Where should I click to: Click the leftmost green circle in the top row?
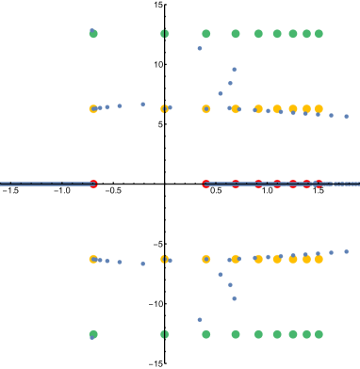pos(93,34)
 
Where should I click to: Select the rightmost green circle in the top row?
pos(319,34)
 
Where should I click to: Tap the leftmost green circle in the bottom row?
pos(93,334)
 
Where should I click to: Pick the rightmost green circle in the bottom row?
pos(319,334)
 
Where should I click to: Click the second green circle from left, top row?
pos(164,34)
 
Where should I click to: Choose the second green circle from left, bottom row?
pos(164,334)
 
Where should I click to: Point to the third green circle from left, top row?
pos(205,34)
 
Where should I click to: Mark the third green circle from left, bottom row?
pos(205,334)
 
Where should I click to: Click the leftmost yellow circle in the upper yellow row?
pos(93,109)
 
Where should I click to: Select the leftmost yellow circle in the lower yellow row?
pos(93,259)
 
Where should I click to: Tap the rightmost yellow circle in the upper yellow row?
pos(319,109)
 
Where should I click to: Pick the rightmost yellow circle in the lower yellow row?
pos(319,259)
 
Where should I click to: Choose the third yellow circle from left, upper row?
pos(205,109)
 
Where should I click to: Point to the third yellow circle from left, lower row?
pos(205,259)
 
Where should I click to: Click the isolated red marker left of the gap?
pos(93,184)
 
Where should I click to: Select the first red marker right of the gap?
pos(205,184)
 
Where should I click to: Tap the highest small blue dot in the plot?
pos(200,48)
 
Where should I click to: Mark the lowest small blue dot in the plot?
pos(200,319)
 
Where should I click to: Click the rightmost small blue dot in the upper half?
pos(346,117)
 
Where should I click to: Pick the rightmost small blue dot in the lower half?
pos(346,251)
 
